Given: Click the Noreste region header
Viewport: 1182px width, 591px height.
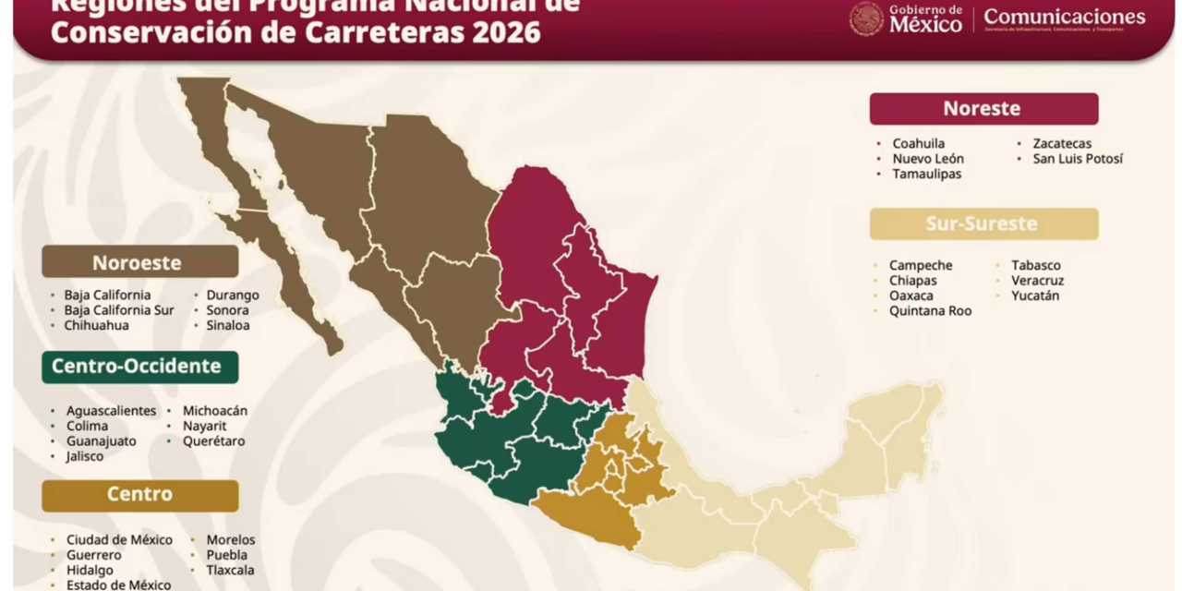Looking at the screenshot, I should point(983,109).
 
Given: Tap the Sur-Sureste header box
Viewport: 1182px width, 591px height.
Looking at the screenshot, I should point(983,224).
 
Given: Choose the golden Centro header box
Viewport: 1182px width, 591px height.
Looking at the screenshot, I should point(139,495).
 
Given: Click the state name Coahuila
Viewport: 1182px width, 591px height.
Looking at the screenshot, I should point(918,144).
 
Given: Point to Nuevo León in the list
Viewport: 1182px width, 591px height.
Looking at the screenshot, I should point(928,159).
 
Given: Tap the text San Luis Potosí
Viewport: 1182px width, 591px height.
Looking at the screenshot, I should point(1078,159).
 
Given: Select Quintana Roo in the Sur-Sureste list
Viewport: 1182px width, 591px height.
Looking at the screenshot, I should point(930,311).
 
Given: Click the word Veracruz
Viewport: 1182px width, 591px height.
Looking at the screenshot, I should point(1037,281).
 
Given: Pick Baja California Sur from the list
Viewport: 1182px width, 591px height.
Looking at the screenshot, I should point(118,310).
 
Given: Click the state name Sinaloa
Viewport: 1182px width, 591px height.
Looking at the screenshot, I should point(228,325).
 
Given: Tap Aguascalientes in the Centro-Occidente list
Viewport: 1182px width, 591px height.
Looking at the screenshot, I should point(111,411).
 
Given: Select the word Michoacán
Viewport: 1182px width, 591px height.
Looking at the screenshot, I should point(215,411).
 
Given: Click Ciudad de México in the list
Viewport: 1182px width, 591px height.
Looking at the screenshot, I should point(119,540).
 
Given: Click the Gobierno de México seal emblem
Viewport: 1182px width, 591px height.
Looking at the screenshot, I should point(866,19).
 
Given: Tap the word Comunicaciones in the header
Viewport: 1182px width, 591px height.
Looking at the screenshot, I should point(1064,17).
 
